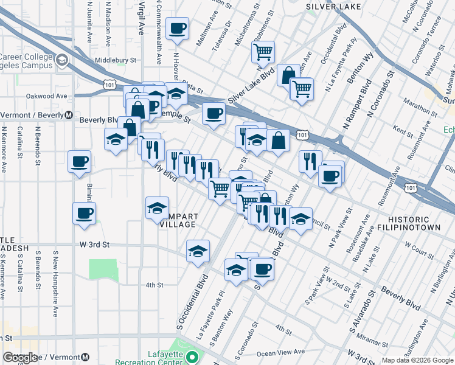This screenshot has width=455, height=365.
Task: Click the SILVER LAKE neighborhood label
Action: coord(333,6)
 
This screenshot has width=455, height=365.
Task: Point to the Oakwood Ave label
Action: coord(46,96)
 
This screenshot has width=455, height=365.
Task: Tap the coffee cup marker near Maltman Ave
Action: coord(177,29)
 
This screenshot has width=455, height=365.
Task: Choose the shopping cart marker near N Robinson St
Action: coord(263,52)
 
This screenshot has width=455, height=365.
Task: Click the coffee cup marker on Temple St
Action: coord(213,114)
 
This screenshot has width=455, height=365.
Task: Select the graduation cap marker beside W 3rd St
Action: coord(198,252)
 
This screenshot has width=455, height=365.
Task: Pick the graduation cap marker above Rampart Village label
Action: coord(157,207)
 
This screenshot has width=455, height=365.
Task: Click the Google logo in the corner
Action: coord(20,358)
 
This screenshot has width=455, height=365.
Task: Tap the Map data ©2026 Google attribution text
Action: coord(417,360)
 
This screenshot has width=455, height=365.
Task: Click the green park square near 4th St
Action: coord(103,271)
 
